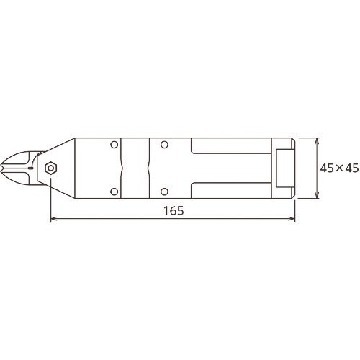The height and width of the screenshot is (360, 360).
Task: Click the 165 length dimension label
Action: click(174, 210)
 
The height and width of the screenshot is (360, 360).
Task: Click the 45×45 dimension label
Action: click(339, 168)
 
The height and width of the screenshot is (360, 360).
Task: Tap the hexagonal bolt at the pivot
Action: click(51, 168)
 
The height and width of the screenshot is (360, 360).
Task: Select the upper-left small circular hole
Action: click(114, 145)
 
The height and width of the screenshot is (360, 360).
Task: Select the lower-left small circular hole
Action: click(114, 192)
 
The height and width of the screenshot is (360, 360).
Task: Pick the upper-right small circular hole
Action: click(164, 145)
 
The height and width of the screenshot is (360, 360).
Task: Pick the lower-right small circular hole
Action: click(164, 192)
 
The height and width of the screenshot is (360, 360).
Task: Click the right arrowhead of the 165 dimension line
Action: click(292, 218)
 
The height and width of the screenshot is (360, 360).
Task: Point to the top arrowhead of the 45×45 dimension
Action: click(318, 141)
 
